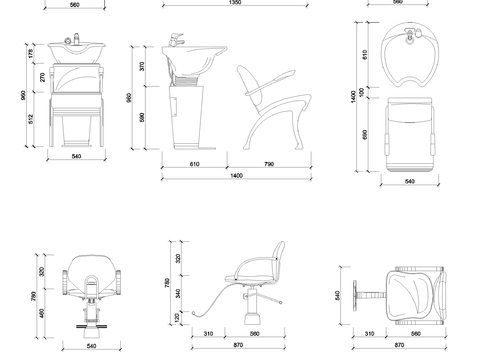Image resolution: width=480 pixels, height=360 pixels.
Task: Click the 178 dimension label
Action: [31, 53]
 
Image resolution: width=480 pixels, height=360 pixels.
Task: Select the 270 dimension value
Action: [42, 77]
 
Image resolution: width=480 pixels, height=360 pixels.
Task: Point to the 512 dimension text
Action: [31, 119]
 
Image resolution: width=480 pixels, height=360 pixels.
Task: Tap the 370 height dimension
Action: [142, 66]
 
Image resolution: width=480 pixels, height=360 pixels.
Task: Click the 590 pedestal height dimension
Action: [142, 117]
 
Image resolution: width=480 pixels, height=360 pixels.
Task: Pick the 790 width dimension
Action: [269, 164]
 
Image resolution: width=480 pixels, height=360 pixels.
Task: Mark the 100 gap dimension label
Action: [362, 92]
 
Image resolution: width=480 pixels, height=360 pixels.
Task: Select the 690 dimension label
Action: [365, 135]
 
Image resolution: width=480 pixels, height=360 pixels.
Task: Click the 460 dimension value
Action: [42, 313]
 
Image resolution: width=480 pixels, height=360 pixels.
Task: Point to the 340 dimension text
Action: [178, 294]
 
